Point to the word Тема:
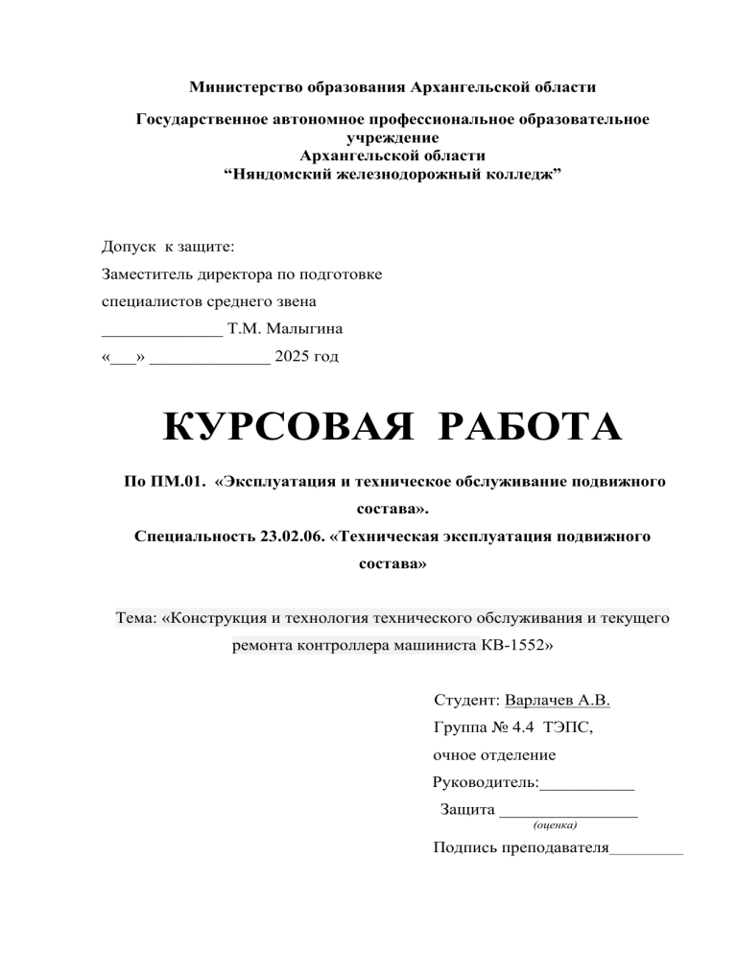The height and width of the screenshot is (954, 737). (x=137, y=620)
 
